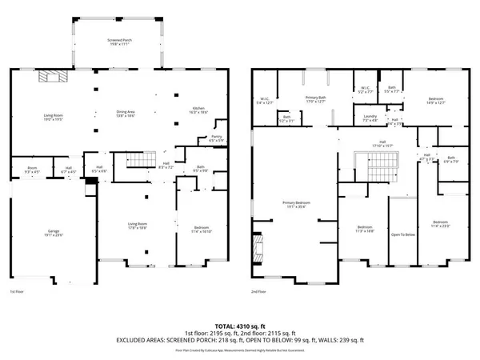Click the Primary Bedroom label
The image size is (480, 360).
click(x=297, y=205)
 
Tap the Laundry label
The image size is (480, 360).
click(x=370, y=118)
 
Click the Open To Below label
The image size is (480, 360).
click(x=402, y=235)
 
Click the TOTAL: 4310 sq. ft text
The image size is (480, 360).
click(x=240, y=326)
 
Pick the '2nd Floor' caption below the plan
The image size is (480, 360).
click(x=259, y=293)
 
